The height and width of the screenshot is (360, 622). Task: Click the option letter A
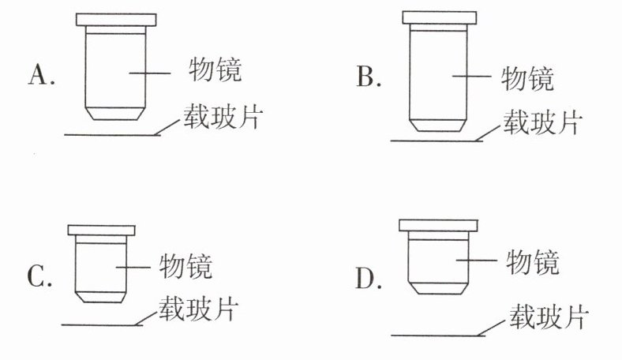[39, 74]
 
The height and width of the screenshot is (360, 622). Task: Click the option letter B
[368, 77]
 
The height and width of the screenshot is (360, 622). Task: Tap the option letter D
[368, 278]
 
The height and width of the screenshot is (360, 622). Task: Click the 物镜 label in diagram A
[214, 70]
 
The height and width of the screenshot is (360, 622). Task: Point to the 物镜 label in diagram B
[527, 77]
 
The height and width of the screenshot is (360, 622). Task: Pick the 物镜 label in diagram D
[532, 261]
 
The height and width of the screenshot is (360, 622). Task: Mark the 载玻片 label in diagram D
[548, 316]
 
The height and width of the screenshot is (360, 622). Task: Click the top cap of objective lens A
[115, 19]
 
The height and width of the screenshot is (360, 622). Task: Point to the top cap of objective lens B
[439, 17]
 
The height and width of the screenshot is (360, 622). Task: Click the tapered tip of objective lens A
[115, 112]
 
